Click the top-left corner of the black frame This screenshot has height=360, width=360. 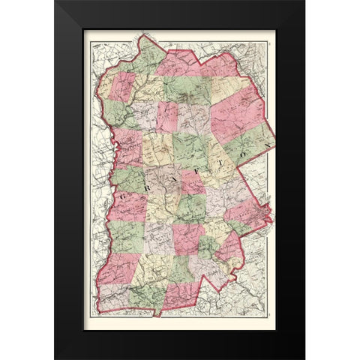(x=55, y=1)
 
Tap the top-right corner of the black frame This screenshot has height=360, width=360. (x=304, y=1)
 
